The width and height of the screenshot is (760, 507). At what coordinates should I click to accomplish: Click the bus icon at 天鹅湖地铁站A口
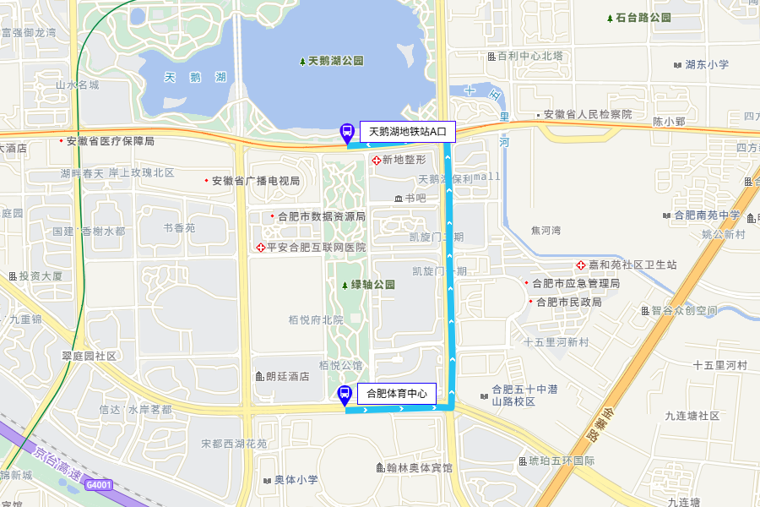click(x=346, y=132)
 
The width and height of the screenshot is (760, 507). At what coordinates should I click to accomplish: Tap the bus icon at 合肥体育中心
click(x=345, y=394)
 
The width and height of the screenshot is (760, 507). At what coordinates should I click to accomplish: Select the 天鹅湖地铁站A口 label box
click(x=408, y=132)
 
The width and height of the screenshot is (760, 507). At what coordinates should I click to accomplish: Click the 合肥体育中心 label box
click(x=396, y=393)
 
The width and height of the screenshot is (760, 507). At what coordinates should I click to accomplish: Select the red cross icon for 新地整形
click(x=377, y=160)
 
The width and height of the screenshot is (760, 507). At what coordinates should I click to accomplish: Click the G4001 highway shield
click(x=98, y=485)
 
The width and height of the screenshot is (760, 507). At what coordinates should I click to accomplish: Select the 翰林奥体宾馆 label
click(x=419, y=468)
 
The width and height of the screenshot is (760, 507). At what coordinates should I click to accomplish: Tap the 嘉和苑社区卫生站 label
click(x=632, y=265)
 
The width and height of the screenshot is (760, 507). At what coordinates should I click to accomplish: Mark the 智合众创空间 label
click(x=683, y=310)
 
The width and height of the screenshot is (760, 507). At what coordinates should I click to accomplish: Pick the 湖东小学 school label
click(x=707, y=64)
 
